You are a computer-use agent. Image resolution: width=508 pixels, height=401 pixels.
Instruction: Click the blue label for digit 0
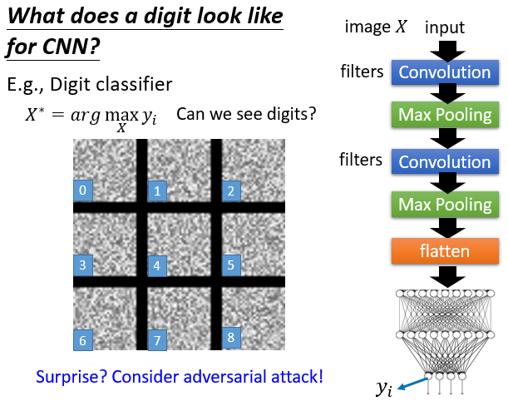pyautogui.click(x=82, y=191)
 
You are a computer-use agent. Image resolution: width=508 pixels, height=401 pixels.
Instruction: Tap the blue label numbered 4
pyautogui.click(x=156, y=266)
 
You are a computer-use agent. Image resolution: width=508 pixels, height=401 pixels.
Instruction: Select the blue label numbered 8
pyautogui.click(x=230, y=338)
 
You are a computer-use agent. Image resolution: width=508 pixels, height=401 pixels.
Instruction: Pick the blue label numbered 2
pyautogui.click(x=230, y=191)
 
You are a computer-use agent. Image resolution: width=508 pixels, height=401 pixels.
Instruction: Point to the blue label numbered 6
pyautogui.click(x=82, y=339)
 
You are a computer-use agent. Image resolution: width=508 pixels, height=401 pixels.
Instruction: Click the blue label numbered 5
pyautogui.click(x=229, y=266)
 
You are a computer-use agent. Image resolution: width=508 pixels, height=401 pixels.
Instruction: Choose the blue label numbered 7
pyautogui.click(x=156, y=339)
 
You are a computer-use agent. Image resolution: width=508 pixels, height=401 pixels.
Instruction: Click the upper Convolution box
pyautogui.click(x=444, y=72)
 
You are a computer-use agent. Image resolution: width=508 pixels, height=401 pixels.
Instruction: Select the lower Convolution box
pyautogui.click(x=444, y=161)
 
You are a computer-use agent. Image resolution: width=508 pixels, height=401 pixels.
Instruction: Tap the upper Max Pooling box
pyautogui.click(x=444, y=112)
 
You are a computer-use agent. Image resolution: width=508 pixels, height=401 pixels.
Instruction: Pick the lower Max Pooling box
pyautogui.click(x=444, y=204)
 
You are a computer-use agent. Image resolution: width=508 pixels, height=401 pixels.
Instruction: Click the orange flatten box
pyautogui.click(x=444, y=250)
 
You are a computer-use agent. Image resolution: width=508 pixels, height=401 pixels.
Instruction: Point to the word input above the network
pyautogui.click(x=444, y=28)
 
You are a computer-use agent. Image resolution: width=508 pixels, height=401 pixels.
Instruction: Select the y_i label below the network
pyautogui.click(x=383, y=387)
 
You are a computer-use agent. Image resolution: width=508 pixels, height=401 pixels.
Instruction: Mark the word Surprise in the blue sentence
pyautogui.click(x=72, y=377)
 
